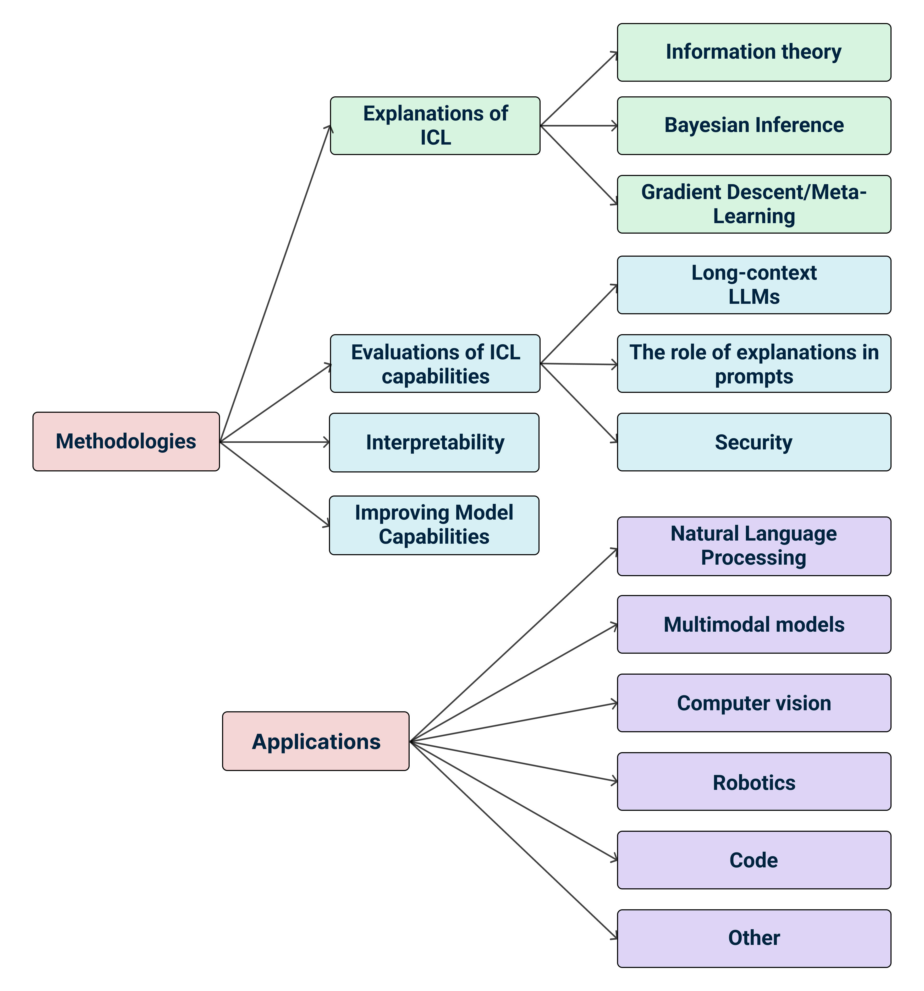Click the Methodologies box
(x=126, y=441)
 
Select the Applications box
(x=316, y=741)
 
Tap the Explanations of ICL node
(x=435, y=126)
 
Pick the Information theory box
(x=753, y=52)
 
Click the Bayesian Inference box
(x=753, y=126)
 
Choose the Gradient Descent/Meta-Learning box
(x=753, y=204)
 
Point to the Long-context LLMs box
(x=753, y=285)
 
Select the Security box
(x=753, y=442)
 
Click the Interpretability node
(x=434, y=442)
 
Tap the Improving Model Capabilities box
(x=434, y=525)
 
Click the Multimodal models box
(x=753, y=624)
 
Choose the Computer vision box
(x=753, y=703)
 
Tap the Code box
(x=753, y=860)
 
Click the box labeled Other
(x=753, y=938)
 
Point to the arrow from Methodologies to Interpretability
(x=274, y=442)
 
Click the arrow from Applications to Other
(x=513, y=840)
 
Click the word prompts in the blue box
(x=753, y=376)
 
